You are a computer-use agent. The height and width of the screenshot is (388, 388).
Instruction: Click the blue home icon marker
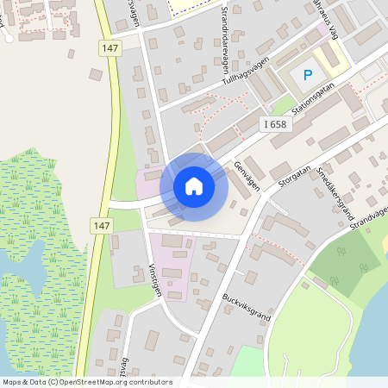(194, 185)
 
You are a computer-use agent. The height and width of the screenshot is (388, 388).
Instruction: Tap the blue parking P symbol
(307, 75)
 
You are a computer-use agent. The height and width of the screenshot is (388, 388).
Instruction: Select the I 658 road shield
(274, 125)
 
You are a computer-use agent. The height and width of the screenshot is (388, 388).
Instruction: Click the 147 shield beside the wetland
(102, 225)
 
